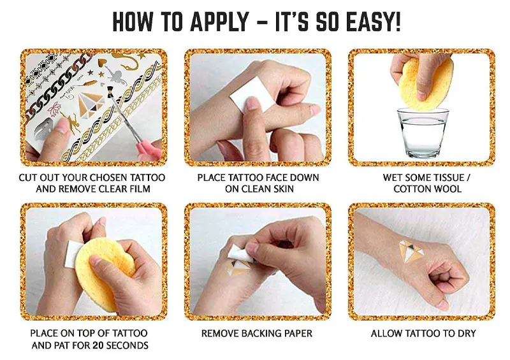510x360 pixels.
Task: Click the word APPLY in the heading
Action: (x=219, y=22)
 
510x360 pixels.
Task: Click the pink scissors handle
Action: (x=149, y=150)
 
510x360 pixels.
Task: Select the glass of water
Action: (x=423, y=133)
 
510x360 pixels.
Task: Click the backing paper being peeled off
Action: (x=241, y=254)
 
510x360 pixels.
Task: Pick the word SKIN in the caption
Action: (x=284, y=189)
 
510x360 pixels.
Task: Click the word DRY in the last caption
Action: (x=467, y=333)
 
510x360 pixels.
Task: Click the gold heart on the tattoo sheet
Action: (x=103, y=62)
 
